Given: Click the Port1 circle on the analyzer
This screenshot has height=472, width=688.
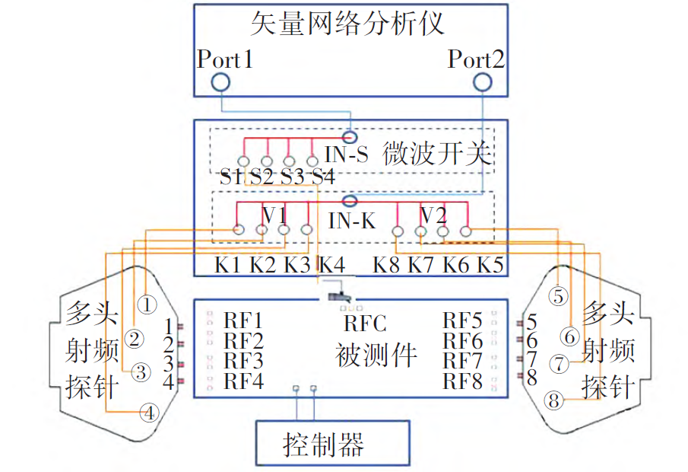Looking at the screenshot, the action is (x=220, y=82).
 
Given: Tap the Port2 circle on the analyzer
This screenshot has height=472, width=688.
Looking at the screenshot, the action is (x=482, y=82).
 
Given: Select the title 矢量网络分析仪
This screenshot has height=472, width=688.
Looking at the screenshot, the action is (x=347, y=24).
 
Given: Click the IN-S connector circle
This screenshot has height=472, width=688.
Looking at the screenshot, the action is (x=350, y=137).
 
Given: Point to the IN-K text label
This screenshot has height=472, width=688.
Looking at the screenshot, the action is (x=352, y=221).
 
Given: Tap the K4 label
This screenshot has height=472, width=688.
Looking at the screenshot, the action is (x=331, y=265).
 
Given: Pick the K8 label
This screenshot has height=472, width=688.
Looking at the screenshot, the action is (x=386, y=265).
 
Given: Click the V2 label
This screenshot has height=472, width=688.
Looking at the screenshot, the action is (x=433, y=215).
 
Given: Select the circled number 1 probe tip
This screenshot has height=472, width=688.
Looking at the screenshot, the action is (x=147, y=304).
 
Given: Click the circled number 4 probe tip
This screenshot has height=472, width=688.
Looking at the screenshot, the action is (x=149, y=413).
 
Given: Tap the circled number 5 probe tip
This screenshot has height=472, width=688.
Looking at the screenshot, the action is (x=558, y=296).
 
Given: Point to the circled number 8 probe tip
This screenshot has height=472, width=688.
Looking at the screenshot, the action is (x=553, y=400).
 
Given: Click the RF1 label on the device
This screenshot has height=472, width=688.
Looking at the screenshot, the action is (x=243, y=321).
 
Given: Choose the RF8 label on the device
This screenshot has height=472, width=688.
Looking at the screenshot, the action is (x=462, y=381).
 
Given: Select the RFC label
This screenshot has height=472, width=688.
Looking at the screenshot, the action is (x=365, y=324).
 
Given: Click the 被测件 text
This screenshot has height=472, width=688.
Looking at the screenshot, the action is (x=376, y=355).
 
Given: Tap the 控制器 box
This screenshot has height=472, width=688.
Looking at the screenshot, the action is (x=333, y=443).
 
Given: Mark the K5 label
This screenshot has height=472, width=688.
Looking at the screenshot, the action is (x=490, y=265).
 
